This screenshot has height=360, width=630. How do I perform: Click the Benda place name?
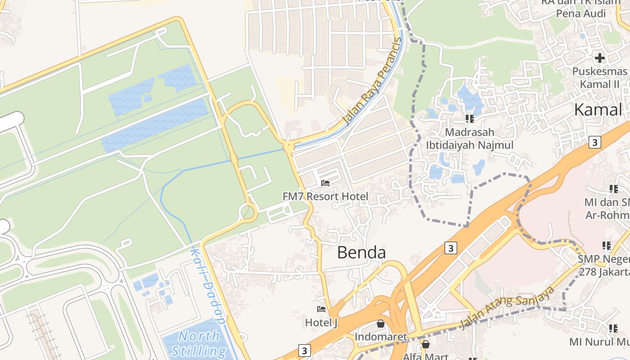(361, 252)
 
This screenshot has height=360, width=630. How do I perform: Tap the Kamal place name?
(598, 109)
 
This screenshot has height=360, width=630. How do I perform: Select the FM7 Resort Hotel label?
(325, 196)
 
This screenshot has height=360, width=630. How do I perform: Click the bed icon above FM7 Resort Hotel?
(325, 183)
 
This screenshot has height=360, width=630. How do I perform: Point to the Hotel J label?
(321, 323)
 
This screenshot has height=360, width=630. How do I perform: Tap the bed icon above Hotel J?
(321, 309)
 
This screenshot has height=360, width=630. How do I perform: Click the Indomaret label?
(381, 337)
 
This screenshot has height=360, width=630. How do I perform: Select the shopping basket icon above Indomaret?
(381, 324)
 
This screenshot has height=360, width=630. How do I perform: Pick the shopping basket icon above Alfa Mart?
(425, 345)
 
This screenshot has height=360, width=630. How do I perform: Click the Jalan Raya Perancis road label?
(372, 82)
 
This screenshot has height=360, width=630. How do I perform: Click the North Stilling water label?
(199, 343)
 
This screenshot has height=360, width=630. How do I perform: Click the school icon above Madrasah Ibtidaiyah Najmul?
(470, 119)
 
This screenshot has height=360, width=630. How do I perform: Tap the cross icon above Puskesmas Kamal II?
(599, 58)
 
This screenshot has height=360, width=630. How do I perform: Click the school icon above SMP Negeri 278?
(607, 246)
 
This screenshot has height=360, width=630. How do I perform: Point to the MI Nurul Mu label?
(599, 342)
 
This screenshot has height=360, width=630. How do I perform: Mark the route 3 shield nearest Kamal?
(595, 142)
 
